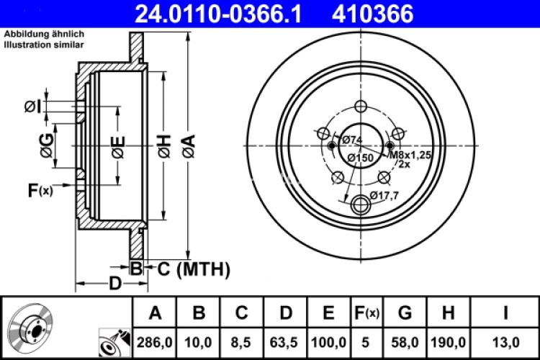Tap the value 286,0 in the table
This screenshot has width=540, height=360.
pyautogui.click(x=154, y=340)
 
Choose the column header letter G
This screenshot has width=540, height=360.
pyautogui.click(x=405, y=313)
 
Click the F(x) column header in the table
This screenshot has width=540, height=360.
pyautogui.click(x=366, y=313)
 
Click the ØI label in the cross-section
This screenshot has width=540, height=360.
pyautogui.click(x=32, y=107)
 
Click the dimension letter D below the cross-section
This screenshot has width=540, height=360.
pyautogui.click(x=114, y=283)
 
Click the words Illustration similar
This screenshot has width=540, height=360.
pyautogui.click(x=43, y=45)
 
